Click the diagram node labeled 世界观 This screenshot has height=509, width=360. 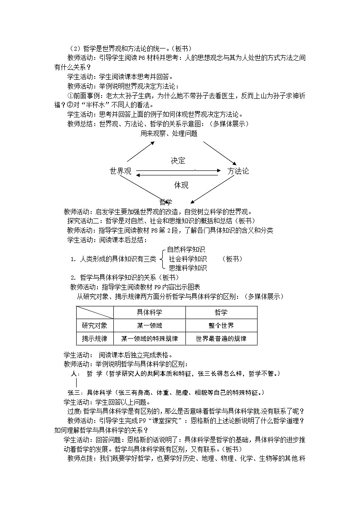pyautogui.click(x=120, y=171)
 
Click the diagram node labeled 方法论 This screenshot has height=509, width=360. pyautogui.click(x=238, y=171)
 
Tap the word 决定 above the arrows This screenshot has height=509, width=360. pyautogui.click(x=178, y=161)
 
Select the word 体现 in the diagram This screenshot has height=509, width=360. pyautogui.click(x=181, y=185)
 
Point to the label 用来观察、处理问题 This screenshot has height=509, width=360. pyautogui.click(x=169, y=134)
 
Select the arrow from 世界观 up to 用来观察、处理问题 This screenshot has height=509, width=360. pyautogui.click(x=141, y=151)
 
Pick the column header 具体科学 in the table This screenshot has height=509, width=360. pyautogui.click(x=149, y=312)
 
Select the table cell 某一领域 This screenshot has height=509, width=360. pyautogui.click(x=149, y=325)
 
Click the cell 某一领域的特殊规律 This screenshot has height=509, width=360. pyautogui.click(x=149, y=339)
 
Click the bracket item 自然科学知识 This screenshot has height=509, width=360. pyautogui.click(x=186, y=250)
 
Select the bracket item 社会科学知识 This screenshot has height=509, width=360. pyautogui.click(x=188, y=259)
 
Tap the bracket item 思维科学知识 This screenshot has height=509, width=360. pyautogui.click(x=188, y=268)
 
